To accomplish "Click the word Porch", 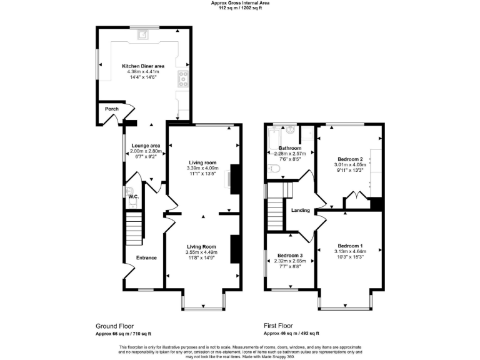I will pos(112,109).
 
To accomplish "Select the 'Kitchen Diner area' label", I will pos(143,66).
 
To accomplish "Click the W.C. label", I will pos(132,197).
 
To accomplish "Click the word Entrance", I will pos(146,257).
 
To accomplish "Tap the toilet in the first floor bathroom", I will pos(274,169).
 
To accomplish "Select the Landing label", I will pos(301,211).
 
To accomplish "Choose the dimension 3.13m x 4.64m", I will pos(349,251).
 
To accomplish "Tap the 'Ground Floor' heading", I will pos(114,326).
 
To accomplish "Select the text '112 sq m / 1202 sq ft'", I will pos(240,7).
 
